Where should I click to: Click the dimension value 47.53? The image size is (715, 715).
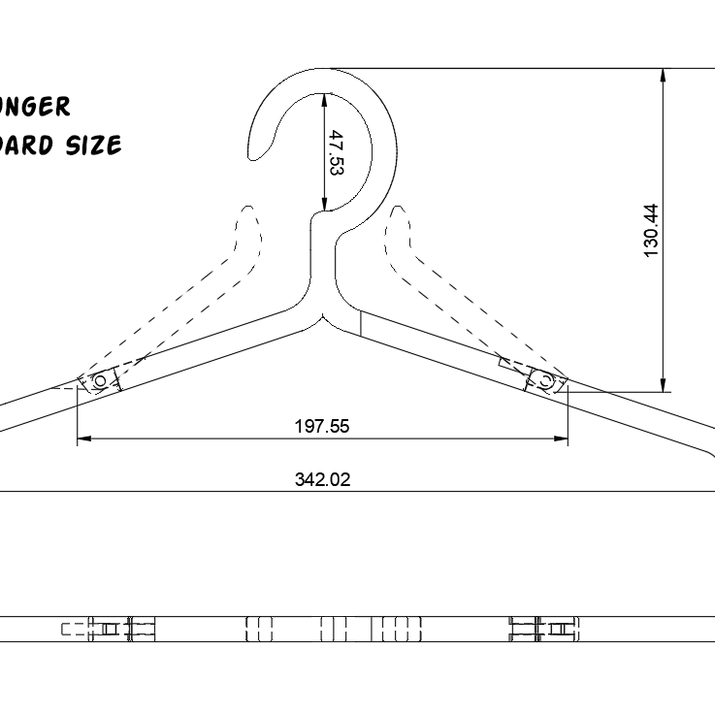tap(336, 152)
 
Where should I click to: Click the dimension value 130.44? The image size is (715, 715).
tap(650, 230)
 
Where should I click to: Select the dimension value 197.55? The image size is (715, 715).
tap(322, 425)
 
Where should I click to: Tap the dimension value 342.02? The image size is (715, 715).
tap(322, 478)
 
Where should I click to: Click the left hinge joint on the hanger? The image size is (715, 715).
tap(99, 380)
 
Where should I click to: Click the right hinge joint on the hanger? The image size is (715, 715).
tap(545, 380)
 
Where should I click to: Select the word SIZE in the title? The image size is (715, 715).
tap(94, 146)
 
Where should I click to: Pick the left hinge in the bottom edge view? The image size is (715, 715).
tap(109, 629)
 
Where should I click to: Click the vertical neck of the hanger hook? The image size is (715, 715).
tap(323, 252)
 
